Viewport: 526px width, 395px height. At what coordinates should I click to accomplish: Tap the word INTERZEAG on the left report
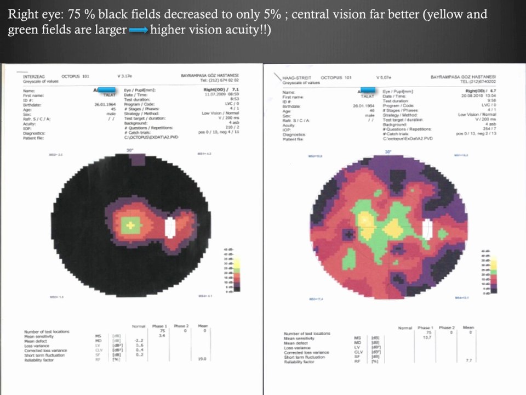pyautogui.click(x=32, y=77)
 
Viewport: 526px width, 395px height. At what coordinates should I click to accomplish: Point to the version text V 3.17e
pyautogui.click(x=127, y=77)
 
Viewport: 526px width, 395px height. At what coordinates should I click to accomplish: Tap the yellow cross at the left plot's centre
pyautogui.click(x=130, y=224)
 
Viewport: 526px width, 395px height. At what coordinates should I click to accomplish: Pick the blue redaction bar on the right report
pyautogui.click(x=367, y=89)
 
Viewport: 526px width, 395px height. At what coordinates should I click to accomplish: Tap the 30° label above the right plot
pyautogui.click(x=388, y=152)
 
